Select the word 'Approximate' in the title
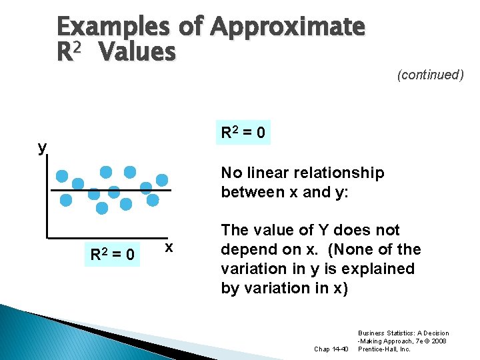(288, 27)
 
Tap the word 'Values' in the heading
(137, 52)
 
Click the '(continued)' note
(430, 75)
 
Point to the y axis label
(43, 147)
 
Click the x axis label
(169, 247)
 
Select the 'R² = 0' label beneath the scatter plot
(113, 254)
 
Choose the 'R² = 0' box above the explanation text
(243, 133)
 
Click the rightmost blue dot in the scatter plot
(163, 179)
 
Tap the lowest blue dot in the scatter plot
(102, 208)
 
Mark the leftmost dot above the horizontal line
(62, 177)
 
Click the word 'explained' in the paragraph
(382, 269)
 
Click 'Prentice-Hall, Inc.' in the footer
(386, 349)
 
